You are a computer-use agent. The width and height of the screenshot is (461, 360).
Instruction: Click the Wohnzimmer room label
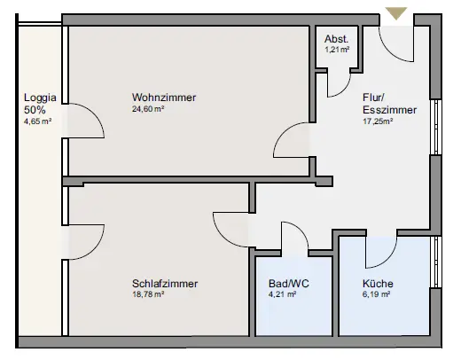click(x=164, y=98)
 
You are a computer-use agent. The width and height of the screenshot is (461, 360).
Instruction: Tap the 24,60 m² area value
click(x=148, y=109)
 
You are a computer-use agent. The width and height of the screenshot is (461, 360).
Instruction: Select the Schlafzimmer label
click(x=165, y=284)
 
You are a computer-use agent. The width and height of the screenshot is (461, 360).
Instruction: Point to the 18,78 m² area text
click(x=148, y=294)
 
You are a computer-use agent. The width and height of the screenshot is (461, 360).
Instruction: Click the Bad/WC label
click(x=289, y=284)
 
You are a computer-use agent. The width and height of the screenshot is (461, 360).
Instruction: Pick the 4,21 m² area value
click(x=282, y=294)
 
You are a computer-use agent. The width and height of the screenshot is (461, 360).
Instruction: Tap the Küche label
click(x=378, y=284)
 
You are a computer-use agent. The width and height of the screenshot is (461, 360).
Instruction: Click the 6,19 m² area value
click(x=376, y=294)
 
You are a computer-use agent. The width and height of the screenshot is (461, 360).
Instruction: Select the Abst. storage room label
click(x=336, y=39)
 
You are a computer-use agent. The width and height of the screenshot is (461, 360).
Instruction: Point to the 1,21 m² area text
click(x=337, y=50)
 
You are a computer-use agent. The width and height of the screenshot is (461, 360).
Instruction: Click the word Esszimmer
click(x=390, y=110)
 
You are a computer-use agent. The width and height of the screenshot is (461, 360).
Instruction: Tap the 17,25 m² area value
click(x=378, y=121)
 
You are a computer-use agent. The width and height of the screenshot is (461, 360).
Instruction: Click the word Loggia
click(x=40, y=98)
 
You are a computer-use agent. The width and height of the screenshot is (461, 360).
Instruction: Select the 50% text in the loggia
click(x=35, y=110)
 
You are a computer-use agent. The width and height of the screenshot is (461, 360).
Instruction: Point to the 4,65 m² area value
click(x=38, y=121)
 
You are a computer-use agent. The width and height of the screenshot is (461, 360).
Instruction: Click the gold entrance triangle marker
click(x=396, y=13)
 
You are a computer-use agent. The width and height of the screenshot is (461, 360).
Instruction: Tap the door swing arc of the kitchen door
click(x=388, y=258)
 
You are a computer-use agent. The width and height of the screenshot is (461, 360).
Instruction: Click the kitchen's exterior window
click(x=435, y=262)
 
